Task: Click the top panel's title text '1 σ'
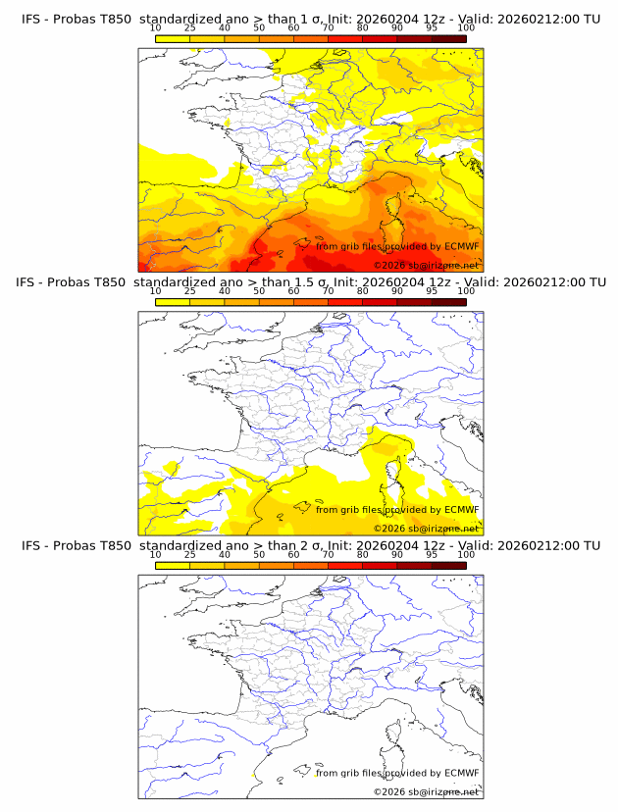click(x=317, y=19)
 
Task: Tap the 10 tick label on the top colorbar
click(x=155, y=27)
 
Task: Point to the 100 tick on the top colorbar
click(x=466, y=27)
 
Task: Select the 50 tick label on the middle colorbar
click(x=259, y=291)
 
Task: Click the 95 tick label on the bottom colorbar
click(x=432, y=554)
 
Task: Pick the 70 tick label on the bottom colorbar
click(x=328, y=554)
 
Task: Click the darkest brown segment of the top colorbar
click(x=448, y=37)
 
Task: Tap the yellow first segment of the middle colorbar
click(x=172, y=301)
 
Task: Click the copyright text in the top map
click(x=426, y=266)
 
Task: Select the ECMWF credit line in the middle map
click(x=397, y=509)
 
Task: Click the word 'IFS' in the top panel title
click(x=32, y=19)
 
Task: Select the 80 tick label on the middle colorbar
click(x=363, y=291)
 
